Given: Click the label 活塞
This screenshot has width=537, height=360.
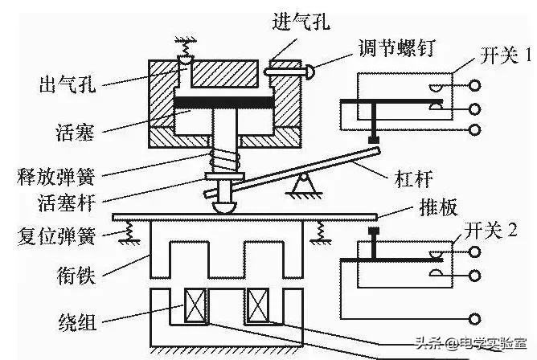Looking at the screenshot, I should click(77, 128).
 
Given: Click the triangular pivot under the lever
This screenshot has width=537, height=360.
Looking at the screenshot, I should click(303, 186).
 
